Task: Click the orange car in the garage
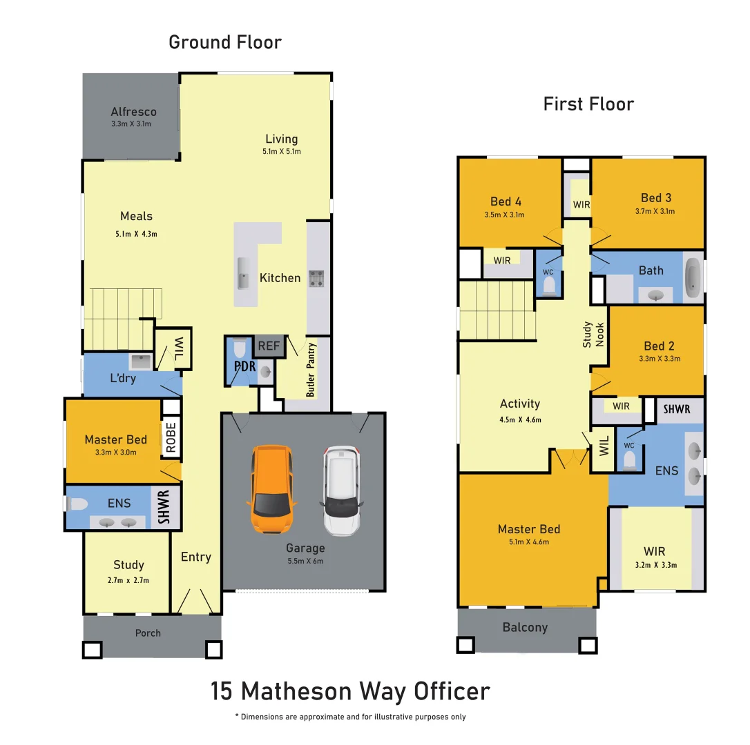(x=271, y=490)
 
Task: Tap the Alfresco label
(x=133, y=112)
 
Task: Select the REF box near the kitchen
(x=269, y=346)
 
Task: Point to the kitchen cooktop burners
(x=316, y=278)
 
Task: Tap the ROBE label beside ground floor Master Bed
(x=171, y=437)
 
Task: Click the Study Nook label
(x=593, y=335)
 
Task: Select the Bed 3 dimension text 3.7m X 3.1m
(x=655, y=212)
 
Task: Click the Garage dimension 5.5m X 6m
(x=305, y=561)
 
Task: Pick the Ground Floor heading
(x=225, y=42)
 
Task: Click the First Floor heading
(x=588, y=104)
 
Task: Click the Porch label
(x=148, y=633)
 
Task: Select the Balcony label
(x=525, y=627)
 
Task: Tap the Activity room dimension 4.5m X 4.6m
(x=520, y=419)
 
